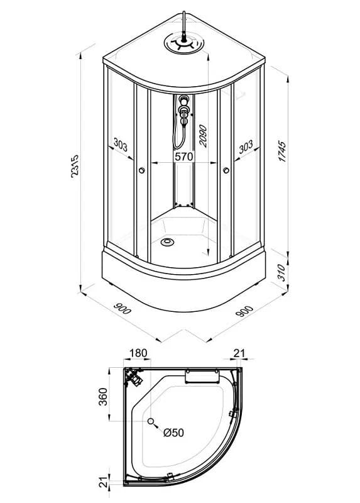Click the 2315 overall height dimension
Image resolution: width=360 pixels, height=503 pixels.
74,166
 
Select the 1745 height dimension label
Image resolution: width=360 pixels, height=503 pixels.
282,151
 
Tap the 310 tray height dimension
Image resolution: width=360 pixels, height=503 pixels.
281,272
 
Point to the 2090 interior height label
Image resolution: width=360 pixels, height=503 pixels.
203,136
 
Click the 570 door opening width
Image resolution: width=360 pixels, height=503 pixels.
184,157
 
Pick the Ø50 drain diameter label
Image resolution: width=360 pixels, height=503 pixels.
173,433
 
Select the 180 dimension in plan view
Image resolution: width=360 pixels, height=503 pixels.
138,353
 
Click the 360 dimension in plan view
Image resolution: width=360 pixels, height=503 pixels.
103,397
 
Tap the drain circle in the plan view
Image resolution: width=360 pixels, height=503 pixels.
151,421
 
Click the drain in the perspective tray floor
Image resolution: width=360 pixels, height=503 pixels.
167,242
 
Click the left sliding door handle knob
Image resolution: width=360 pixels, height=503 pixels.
142,170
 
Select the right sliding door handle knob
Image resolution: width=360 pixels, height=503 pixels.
226,170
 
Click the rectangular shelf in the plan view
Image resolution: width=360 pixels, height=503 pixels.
202,376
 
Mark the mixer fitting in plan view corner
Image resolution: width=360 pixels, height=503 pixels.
134,377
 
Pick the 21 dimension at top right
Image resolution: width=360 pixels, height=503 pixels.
239,353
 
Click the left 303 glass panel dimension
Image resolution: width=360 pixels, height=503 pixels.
121,145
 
